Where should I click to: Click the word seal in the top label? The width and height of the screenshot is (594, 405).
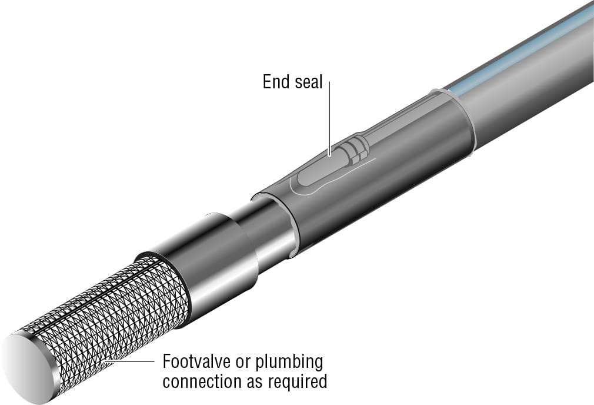pyautogui.click(x=308, y=82)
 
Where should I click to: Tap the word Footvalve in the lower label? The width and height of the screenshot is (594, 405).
pyautogui.click(x=197, y=361)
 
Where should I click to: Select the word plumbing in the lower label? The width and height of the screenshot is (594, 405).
pyautogui.click(x=289, y=363)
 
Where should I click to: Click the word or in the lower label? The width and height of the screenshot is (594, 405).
pyautogui.click(x=243, y=363)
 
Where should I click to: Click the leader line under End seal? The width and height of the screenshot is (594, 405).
pyautogui.click(x=329, y=118)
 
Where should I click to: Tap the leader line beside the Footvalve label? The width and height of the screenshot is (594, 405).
pyautogui.click(x=129, y=361)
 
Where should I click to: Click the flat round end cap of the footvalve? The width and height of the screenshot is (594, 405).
pyautogui.click(x=28, y=367)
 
